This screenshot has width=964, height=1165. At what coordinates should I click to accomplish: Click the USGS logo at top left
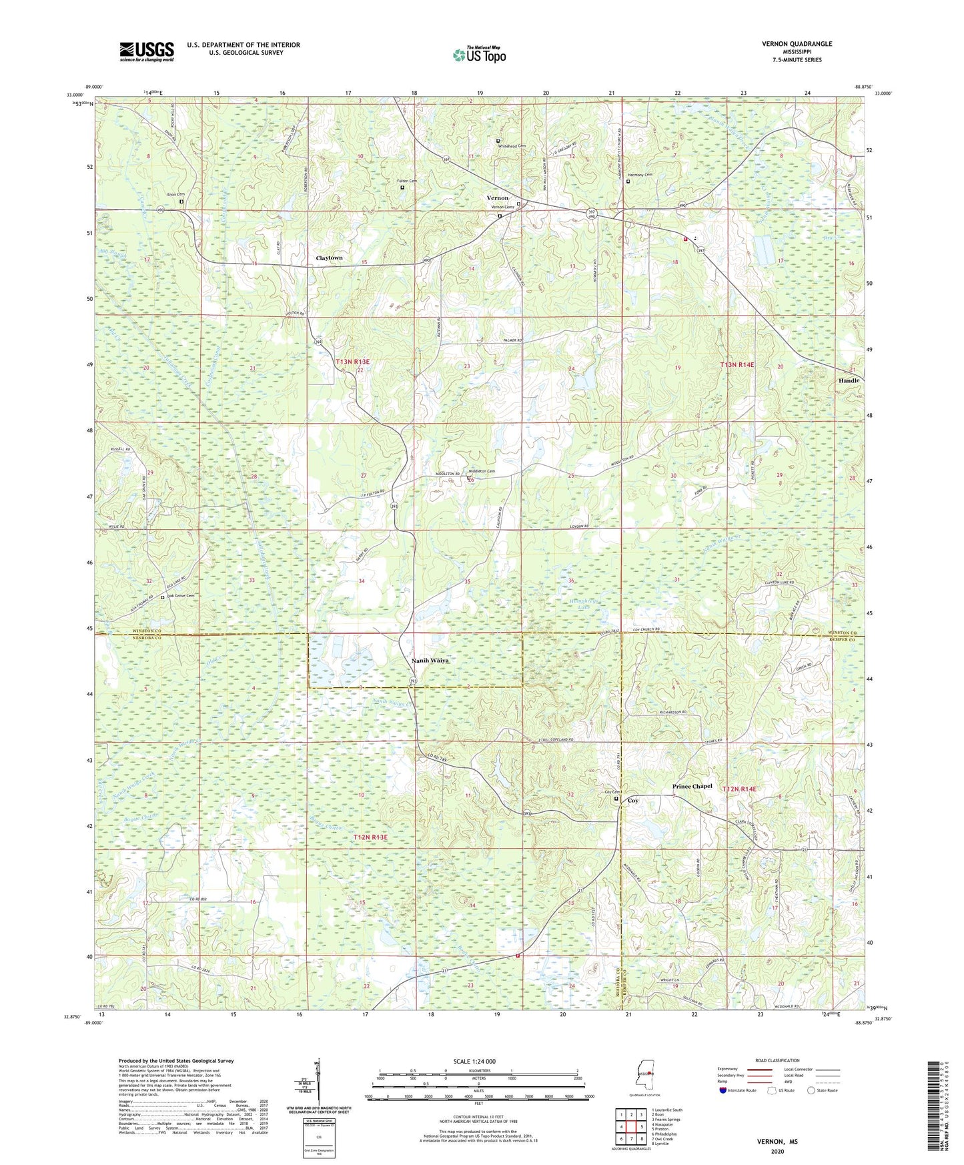[147, 51]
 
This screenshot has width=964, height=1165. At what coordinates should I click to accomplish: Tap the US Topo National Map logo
[478, 55]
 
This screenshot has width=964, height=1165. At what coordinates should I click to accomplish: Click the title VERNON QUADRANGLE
[797, 44]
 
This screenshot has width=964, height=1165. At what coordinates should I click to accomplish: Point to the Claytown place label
[329, 258]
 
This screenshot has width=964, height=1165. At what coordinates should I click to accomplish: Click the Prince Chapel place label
[692, 787]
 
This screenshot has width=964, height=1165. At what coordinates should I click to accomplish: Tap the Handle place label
[849, 380]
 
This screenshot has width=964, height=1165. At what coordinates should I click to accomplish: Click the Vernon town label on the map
[497, 198]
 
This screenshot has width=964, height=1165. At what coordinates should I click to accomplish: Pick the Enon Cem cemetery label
[175, 194]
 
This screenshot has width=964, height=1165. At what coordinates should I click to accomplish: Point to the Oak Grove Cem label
[181, 596]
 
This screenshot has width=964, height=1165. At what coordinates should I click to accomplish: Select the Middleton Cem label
[482, 472]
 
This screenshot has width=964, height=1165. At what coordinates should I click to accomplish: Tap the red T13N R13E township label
[352, 362]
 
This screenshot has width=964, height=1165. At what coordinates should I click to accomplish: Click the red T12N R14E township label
[739, 789]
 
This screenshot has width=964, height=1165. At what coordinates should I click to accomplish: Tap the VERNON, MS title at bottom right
[777, 1142]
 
